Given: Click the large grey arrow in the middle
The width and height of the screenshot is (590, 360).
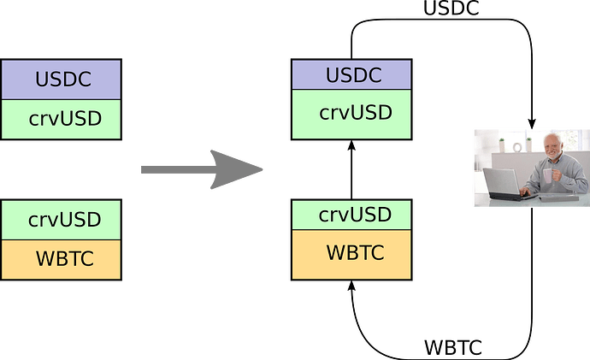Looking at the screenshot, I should point(201,169).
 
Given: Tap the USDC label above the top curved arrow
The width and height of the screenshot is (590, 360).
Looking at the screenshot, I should point(451,8).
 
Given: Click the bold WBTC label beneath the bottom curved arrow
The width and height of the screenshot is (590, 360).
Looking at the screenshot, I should point(453,348).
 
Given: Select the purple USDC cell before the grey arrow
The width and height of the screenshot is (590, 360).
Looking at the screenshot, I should point(62,80).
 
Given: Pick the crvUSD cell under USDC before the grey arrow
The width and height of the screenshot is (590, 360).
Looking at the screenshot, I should point(62,119).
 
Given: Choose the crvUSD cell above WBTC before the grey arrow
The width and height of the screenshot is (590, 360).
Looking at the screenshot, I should point(62,219).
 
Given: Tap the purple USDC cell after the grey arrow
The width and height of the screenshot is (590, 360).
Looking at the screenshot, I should point(351,75).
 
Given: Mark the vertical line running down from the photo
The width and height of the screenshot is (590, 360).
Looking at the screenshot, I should point(534,274).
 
